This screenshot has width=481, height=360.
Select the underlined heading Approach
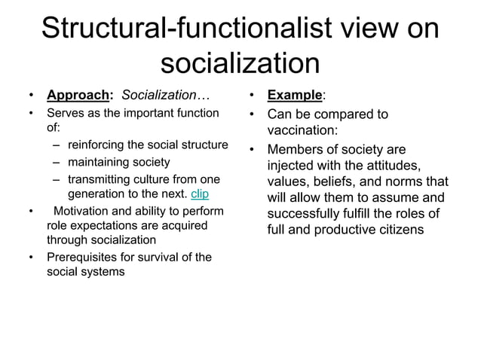point(78,96)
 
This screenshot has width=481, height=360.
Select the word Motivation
point(87,210)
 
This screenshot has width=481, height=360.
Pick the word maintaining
point(98,162)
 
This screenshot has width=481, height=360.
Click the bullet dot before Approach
point(30,96)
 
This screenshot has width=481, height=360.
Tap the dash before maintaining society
point(57,162)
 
